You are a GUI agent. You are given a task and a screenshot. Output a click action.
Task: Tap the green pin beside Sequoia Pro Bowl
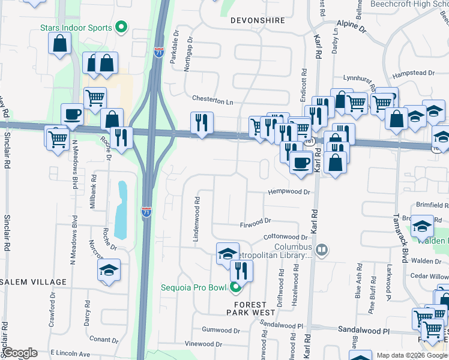[x=235, y=287]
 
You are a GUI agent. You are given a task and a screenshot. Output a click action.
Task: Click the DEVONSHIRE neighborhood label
[x=258, y=20]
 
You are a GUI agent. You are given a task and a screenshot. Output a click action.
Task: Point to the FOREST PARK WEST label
[x=251, y=308]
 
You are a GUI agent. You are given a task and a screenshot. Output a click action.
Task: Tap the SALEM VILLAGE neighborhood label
[x=33, y=282]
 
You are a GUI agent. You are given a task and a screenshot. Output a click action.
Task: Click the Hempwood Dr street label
[x=289, y=193]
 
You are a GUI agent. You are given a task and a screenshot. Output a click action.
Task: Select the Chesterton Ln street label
[x=212, y=100]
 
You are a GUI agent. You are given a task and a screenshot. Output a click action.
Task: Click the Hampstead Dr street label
[x=413, y=73]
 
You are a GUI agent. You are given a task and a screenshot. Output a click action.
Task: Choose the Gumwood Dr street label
[x=221, y=331]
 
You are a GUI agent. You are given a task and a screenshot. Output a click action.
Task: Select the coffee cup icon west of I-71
[x=72, y=114]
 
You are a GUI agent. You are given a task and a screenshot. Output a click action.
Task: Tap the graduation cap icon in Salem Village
[x=109, y=271]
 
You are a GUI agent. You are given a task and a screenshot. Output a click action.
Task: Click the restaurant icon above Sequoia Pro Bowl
[x=241, y=269]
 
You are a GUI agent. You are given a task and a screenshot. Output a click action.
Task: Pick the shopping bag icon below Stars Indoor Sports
[x=59, y=43]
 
